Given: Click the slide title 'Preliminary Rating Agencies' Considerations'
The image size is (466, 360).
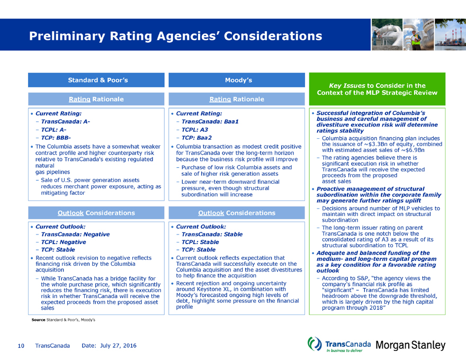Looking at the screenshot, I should click(175, 36).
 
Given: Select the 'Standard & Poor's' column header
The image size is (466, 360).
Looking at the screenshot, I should click(98, 80).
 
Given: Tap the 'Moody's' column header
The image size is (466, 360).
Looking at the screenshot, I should click(238, 80).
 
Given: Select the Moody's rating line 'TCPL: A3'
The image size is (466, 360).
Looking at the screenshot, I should click(194, 129).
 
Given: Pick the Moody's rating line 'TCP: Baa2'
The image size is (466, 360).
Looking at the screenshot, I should click(198, 137).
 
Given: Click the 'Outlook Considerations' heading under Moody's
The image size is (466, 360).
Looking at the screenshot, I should click(237, 213).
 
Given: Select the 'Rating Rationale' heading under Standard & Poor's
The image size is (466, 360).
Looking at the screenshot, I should click(97, 99).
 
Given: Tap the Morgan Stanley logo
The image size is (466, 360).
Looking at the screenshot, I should click(410, 346).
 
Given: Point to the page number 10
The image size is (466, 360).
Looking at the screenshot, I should click(21, 346).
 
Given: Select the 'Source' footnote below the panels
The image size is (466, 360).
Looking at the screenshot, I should click(63, 320).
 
